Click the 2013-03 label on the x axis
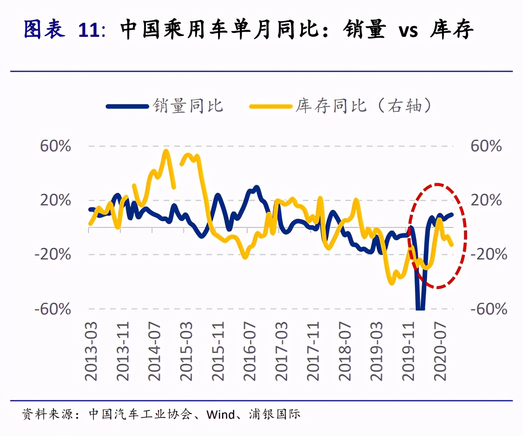pos(91,351)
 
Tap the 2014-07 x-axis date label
pos(154,351)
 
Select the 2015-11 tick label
pos(218,351)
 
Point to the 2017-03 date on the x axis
pos(281,351)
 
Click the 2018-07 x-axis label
pos(344,351)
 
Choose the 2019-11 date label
pos(408,351)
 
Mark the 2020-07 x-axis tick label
pos(440,351)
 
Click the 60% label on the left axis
pos(56,146)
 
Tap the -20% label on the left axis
pos(53,254)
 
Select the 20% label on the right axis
pos(486,200)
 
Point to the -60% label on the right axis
pos(489,309)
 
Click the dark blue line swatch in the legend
pos(127,106)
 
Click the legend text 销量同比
pos(188,106)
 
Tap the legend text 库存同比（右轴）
pos(364,106)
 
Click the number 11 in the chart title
pos(89,30)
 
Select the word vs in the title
pos(408,30)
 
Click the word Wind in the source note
pos(221,414)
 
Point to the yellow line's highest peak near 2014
pos(166,150)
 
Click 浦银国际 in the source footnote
pos(275,414)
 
